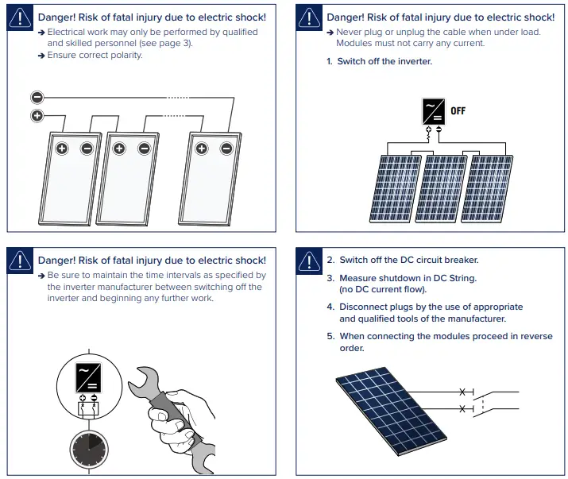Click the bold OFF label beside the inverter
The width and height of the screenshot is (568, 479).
pos(458,111)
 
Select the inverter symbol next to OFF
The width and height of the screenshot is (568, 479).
pos(433,111)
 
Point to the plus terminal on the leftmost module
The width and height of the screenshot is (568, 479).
pos(62,148)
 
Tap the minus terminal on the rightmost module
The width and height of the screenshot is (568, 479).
pos(226,148)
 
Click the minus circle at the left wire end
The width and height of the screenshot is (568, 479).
pos(37,98)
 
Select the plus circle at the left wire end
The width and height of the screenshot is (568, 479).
pos(37,116)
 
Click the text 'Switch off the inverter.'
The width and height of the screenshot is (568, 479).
pos(384,61)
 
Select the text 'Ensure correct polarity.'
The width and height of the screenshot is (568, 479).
pos(95,56)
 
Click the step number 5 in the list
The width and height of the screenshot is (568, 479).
pos(330,336)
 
